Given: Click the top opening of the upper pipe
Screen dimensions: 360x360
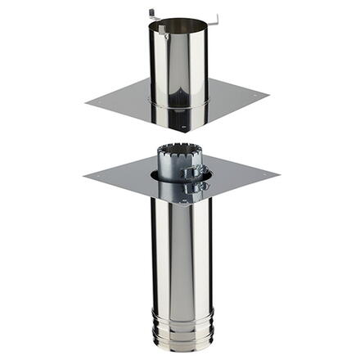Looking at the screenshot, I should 178,25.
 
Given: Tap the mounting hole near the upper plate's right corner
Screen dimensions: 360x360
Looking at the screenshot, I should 254,97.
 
